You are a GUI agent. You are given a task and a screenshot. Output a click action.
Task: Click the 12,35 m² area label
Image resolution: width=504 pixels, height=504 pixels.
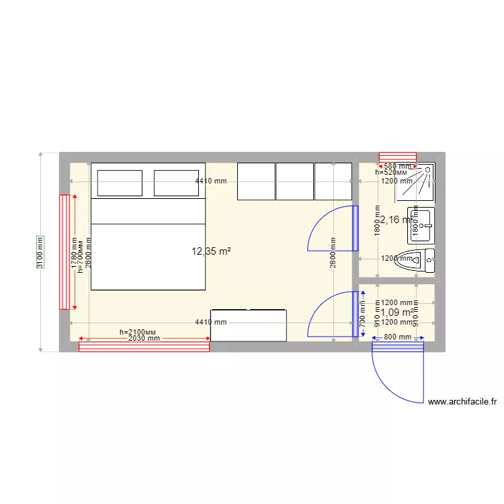pyautogui.click(x=211, y=252)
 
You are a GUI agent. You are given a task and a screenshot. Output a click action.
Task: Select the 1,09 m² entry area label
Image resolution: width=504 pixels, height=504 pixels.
pyautogui.click(x=396, y=312)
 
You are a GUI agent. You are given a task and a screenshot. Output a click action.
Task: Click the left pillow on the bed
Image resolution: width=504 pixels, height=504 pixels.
pyautogui.click(x=120, y=183)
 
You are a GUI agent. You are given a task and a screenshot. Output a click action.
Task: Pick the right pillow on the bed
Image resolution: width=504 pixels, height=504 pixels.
pyautogui.click(x=176, y=183)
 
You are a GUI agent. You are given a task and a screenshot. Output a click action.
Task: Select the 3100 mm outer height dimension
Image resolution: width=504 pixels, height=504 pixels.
pyautogui.click(x=40, y=252)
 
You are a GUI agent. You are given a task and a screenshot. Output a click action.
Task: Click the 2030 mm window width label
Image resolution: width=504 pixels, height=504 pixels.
pyautogui.click(x=144, y=339)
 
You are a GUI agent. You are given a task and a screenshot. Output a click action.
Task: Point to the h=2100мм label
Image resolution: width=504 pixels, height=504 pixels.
pyautogui.click(x=137, y=332)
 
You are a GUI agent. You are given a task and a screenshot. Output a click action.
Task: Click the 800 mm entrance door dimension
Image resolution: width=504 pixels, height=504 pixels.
pyautogui.click(x=397, y=337)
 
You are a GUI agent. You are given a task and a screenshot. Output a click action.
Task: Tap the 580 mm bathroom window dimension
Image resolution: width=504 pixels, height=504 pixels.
pyautogui.click(x=397, y=166)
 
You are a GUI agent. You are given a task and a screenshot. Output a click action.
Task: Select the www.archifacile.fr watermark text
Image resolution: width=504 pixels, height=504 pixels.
pyautogui.click(x=462, y=403)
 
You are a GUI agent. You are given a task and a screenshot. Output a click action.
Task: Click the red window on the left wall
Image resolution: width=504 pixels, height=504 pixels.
pyautogui.click(x=65, y=252)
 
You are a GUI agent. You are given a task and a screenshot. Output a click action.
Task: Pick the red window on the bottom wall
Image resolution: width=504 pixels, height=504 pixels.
pyautogui.click(x=144, y=347)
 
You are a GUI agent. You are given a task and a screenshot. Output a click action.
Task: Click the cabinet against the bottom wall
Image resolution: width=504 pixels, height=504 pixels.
pyautogui.click(x=249, y=325)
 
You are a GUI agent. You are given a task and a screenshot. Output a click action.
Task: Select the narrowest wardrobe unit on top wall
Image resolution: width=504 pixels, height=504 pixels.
pyautogui.click(x=333, y=181)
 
